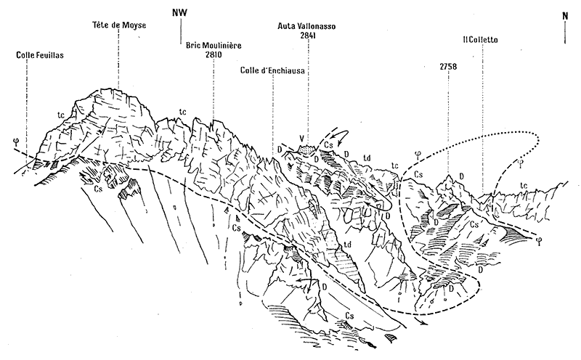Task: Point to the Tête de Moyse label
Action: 120,25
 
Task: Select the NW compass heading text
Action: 180,12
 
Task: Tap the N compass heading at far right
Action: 565,15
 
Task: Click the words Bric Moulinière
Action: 214,44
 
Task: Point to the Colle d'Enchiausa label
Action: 272,70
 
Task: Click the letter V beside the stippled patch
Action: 301,138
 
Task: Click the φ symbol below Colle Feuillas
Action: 15,141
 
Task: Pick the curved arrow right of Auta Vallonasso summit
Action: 338,134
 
